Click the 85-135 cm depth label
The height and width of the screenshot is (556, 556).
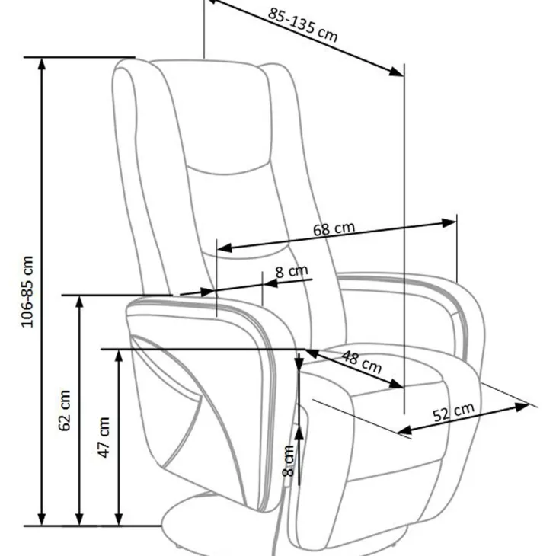click(302, 25)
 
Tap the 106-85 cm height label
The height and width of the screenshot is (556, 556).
click(27, 292)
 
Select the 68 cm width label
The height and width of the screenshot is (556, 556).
click(334, 229)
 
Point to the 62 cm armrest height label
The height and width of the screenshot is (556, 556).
click(65, 411)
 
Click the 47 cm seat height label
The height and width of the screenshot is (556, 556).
click(103, 437)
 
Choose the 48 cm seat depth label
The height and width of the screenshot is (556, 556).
click(361, 362)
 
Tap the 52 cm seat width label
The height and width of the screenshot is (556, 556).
click(453, 412)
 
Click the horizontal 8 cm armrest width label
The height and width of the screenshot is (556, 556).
click(292, 272)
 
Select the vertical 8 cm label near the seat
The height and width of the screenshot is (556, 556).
click(289, 461)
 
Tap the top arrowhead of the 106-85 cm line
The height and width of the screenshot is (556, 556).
click(42, 64)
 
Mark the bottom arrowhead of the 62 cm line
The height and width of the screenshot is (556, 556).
click(80, 519)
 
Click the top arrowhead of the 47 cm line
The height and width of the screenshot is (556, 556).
click(119, 356)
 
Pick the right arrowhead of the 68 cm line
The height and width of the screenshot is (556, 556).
click(449, 223)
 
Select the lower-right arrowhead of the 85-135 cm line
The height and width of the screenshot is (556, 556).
click(396, 72)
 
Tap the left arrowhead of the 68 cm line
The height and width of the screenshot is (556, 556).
click(224, 248)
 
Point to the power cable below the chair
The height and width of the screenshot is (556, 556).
click(279, 510)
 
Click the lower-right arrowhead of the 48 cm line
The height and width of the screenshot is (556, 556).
click(396, 384)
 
